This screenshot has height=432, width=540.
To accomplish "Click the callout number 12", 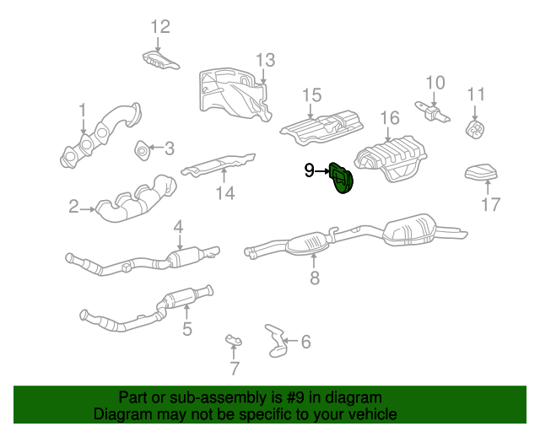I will coord(160,26).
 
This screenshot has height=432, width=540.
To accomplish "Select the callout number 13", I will coord(265,60).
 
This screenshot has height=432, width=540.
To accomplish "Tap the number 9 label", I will coord(310,170).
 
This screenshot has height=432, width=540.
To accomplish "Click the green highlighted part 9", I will coord(342,177).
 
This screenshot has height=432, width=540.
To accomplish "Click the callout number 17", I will coord(490,203).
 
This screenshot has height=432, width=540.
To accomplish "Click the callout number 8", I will coord(314,277).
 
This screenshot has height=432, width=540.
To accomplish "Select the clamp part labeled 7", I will coord(234,340).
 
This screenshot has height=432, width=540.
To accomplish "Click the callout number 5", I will coord(186,327).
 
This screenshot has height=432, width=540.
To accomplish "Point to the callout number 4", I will coord(179,226).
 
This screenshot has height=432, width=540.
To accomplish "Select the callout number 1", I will coord(83,110).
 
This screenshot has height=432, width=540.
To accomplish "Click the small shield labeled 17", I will coord(482,173).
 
